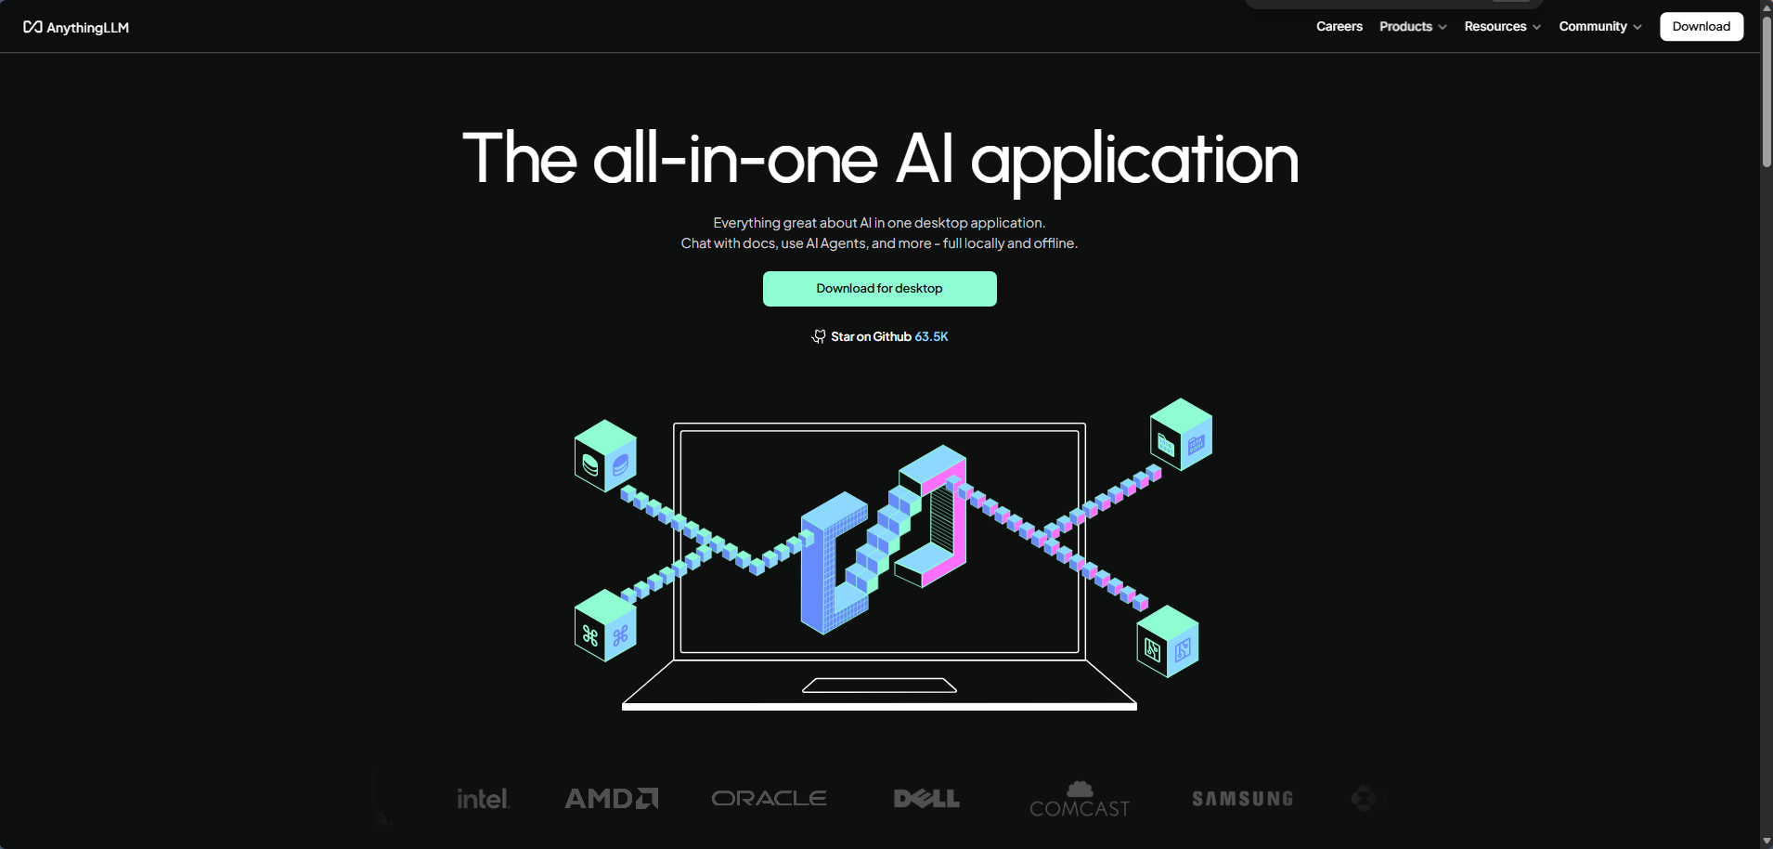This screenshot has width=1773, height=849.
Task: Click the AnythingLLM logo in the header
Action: pyautogui.click(x=76, y=27)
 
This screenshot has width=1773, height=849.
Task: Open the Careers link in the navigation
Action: pyautogui.click(x=1339, y=26)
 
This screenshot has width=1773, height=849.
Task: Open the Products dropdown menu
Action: pyautogui.click(x=1413, y=26)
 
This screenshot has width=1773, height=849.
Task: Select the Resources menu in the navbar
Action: pyautogui.click(x=1503, y=26)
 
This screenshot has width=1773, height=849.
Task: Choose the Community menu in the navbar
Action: pyautogui.click(x=1600, y=26)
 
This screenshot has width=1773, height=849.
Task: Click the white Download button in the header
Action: pyautogui.click(x=1702, y=26)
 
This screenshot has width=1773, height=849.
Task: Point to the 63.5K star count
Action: pyautogui.click(x=931, y=336)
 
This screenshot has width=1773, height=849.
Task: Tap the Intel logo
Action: pyautogui.click(x=484, y=799)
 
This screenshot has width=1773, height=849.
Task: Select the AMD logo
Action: pyautogui.click(x=612, y=799)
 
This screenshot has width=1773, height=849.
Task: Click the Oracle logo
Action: pyautogui.click(x=770, y=798)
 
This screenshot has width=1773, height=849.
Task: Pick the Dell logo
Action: pyautogui.click(x=926, y=799)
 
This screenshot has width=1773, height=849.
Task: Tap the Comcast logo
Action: pyautogui.click(x=1080, y=799)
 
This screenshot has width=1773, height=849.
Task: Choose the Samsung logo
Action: pyautogui.click(x=1242, y=799)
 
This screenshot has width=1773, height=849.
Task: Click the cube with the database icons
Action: pyautogui.click(x=605, y=456)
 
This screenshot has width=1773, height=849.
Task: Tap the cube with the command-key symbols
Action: pyautogui.click(x=605, y=626)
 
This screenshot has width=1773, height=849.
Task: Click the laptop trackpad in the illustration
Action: pyautogui.click(x=879, y=686)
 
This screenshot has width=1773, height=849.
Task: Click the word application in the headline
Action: pyautogui.click(x=1134, y=160)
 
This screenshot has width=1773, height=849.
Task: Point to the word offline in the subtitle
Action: pyautogui.click(x=1055, y=243)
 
